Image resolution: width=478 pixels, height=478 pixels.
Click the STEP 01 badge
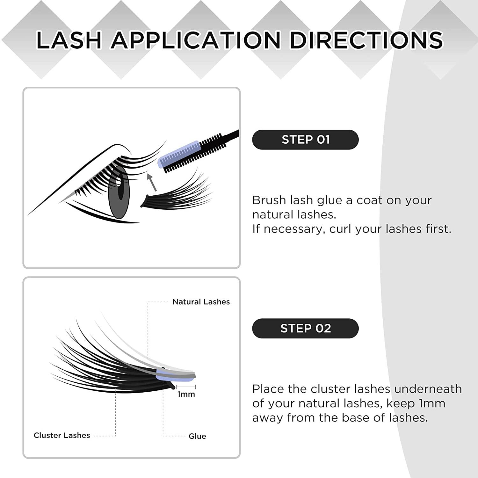pos(305,140)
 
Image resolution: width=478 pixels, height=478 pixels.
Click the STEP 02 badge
pos(305,328)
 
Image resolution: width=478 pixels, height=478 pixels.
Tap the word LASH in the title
pos(69,40)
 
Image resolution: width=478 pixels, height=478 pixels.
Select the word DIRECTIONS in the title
pos(366,40)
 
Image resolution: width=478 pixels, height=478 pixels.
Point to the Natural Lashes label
pos(201,302)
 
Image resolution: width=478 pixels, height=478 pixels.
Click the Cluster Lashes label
pos(62,435)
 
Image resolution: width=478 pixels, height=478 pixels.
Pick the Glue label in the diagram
pos(197,436)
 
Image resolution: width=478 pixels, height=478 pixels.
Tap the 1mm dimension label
pos(186,394)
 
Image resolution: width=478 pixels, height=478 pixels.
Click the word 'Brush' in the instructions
pos(269,200)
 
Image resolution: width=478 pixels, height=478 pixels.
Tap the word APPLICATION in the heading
pos(196,40)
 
